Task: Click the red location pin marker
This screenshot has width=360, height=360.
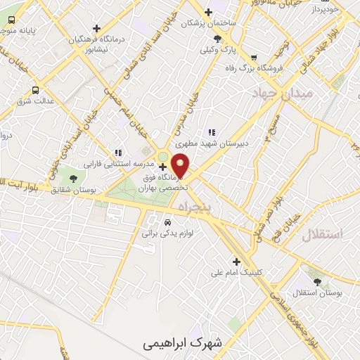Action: (x=181, y=165)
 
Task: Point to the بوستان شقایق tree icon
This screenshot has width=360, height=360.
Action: (x=73, y=179)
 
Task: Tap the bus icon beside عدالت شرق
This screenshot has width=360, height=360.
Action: (x=35, y=91)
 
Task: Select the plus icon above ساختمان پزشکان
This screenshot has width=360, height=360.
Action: (x=207, y=12)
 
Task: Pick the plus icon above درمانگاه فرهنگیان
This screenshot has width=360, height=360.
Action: (x=96, y=28)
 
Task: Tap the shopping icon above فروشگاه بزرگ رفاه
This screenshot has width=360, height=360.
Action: (x=254, y=58)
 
